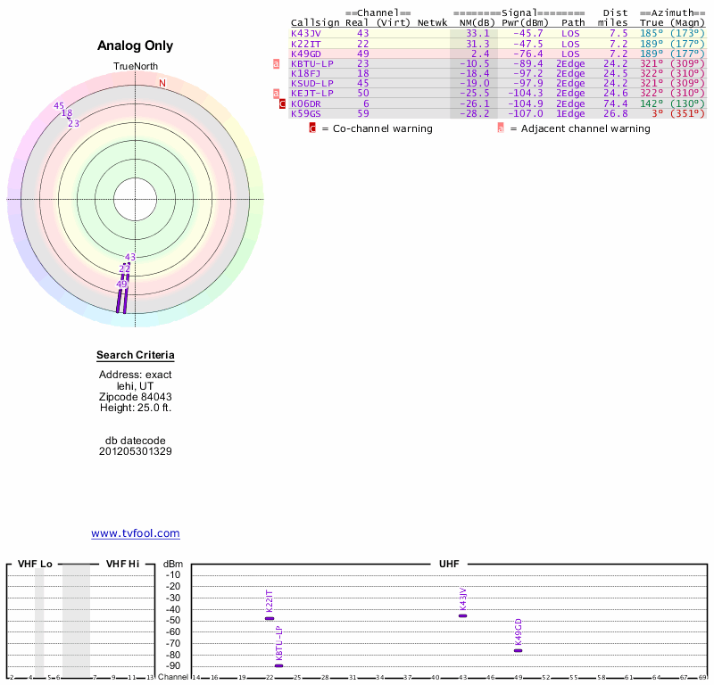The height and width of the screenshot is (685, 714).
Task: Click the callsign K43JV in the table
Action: (306, 33)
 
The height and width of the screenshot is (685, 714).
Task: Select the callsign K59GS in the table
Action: (306, 113)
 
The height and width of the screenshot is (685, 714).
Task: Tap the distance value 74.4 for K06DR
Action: (615, 103)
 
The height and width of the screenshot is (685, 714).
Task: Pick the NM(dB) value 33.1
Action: (477, 33)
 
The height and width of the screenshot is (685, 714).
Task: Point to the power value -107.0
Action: (522, 113)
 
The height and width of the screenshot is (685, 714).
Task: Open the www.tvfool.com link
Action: (136, 533)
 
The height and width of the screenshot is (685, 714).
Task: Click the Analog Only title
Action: (136, 46)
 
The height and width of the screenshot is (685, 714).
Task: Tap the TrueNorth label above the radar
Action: (136, 67)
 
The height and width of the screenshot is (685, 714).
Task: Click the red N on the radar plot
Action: (162, 84)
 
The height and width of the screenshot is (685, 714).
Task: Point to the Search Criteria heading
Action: (136, 356)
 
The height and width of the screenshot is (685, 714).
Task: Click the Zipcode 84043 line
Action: (136, 397)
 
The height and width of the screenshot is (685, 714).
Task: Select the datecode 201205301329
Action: (136, 451)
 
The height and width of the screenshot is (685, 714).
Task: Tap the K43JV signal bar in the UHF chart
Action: (462, 615)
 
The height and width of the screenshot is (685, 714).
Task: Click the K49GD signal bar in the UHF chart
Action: (518, 650)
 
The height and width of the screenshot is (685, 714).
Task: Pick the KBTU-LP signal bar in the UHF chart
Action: (278, 665)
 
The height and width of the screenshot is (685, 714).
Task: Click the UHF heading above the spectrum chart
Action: (448, 565)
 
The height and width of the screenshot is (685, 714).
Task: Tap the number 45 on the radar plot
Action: (59, 106)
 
